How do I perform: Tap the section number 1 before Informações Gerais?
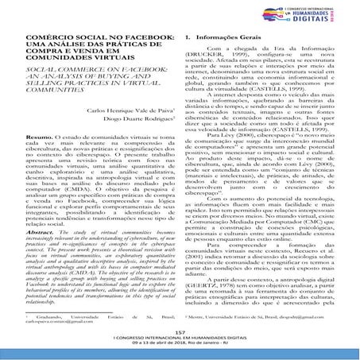tap(186, 38)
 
